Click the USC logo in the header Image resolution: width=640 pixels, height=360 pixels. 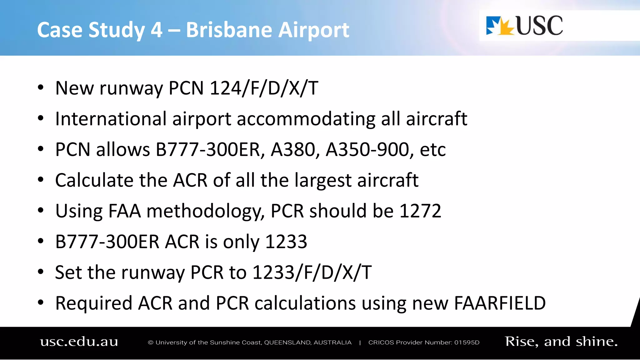[524, 26]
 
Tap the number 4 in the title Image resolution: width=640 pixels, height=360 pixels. [156, 30]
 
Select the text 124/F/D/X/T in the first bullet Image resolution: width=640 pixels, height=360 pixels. [264, 88]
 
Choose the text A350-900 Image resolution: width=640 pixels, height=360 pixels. [367, 149]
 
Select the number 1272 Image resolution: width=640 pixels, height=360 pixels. [420, 211]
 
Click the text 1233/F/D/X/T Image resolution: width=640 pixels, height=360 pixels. [312, 272]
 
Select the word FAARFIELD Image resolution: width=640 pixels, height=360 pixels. [500, 303]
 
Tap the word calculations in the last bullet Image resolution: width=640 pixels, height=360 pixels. [305, 303]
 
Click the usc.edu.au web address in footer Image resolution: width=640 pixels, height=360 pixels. [79, 342]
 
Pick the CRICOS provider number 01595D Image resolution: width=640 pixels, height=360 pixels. [467, 342]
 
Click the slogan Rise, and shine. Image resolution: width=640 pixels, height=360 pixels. [561, 342]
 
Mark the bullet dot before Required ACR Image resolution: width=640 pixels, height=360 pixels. [41, 302]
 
